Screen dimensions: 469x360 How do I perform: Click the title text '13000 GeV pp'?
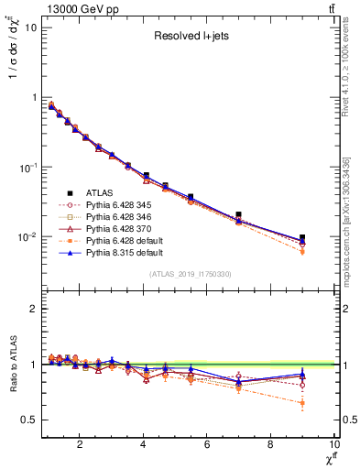(74, 8)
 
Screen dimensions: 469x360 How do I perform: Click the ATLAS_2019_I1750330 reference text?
(190, 273)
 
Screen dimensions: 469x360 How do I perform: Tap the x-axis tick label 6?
(207, 445)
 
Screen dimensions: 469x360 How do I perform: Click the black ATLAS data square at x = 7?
(238, 214)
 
